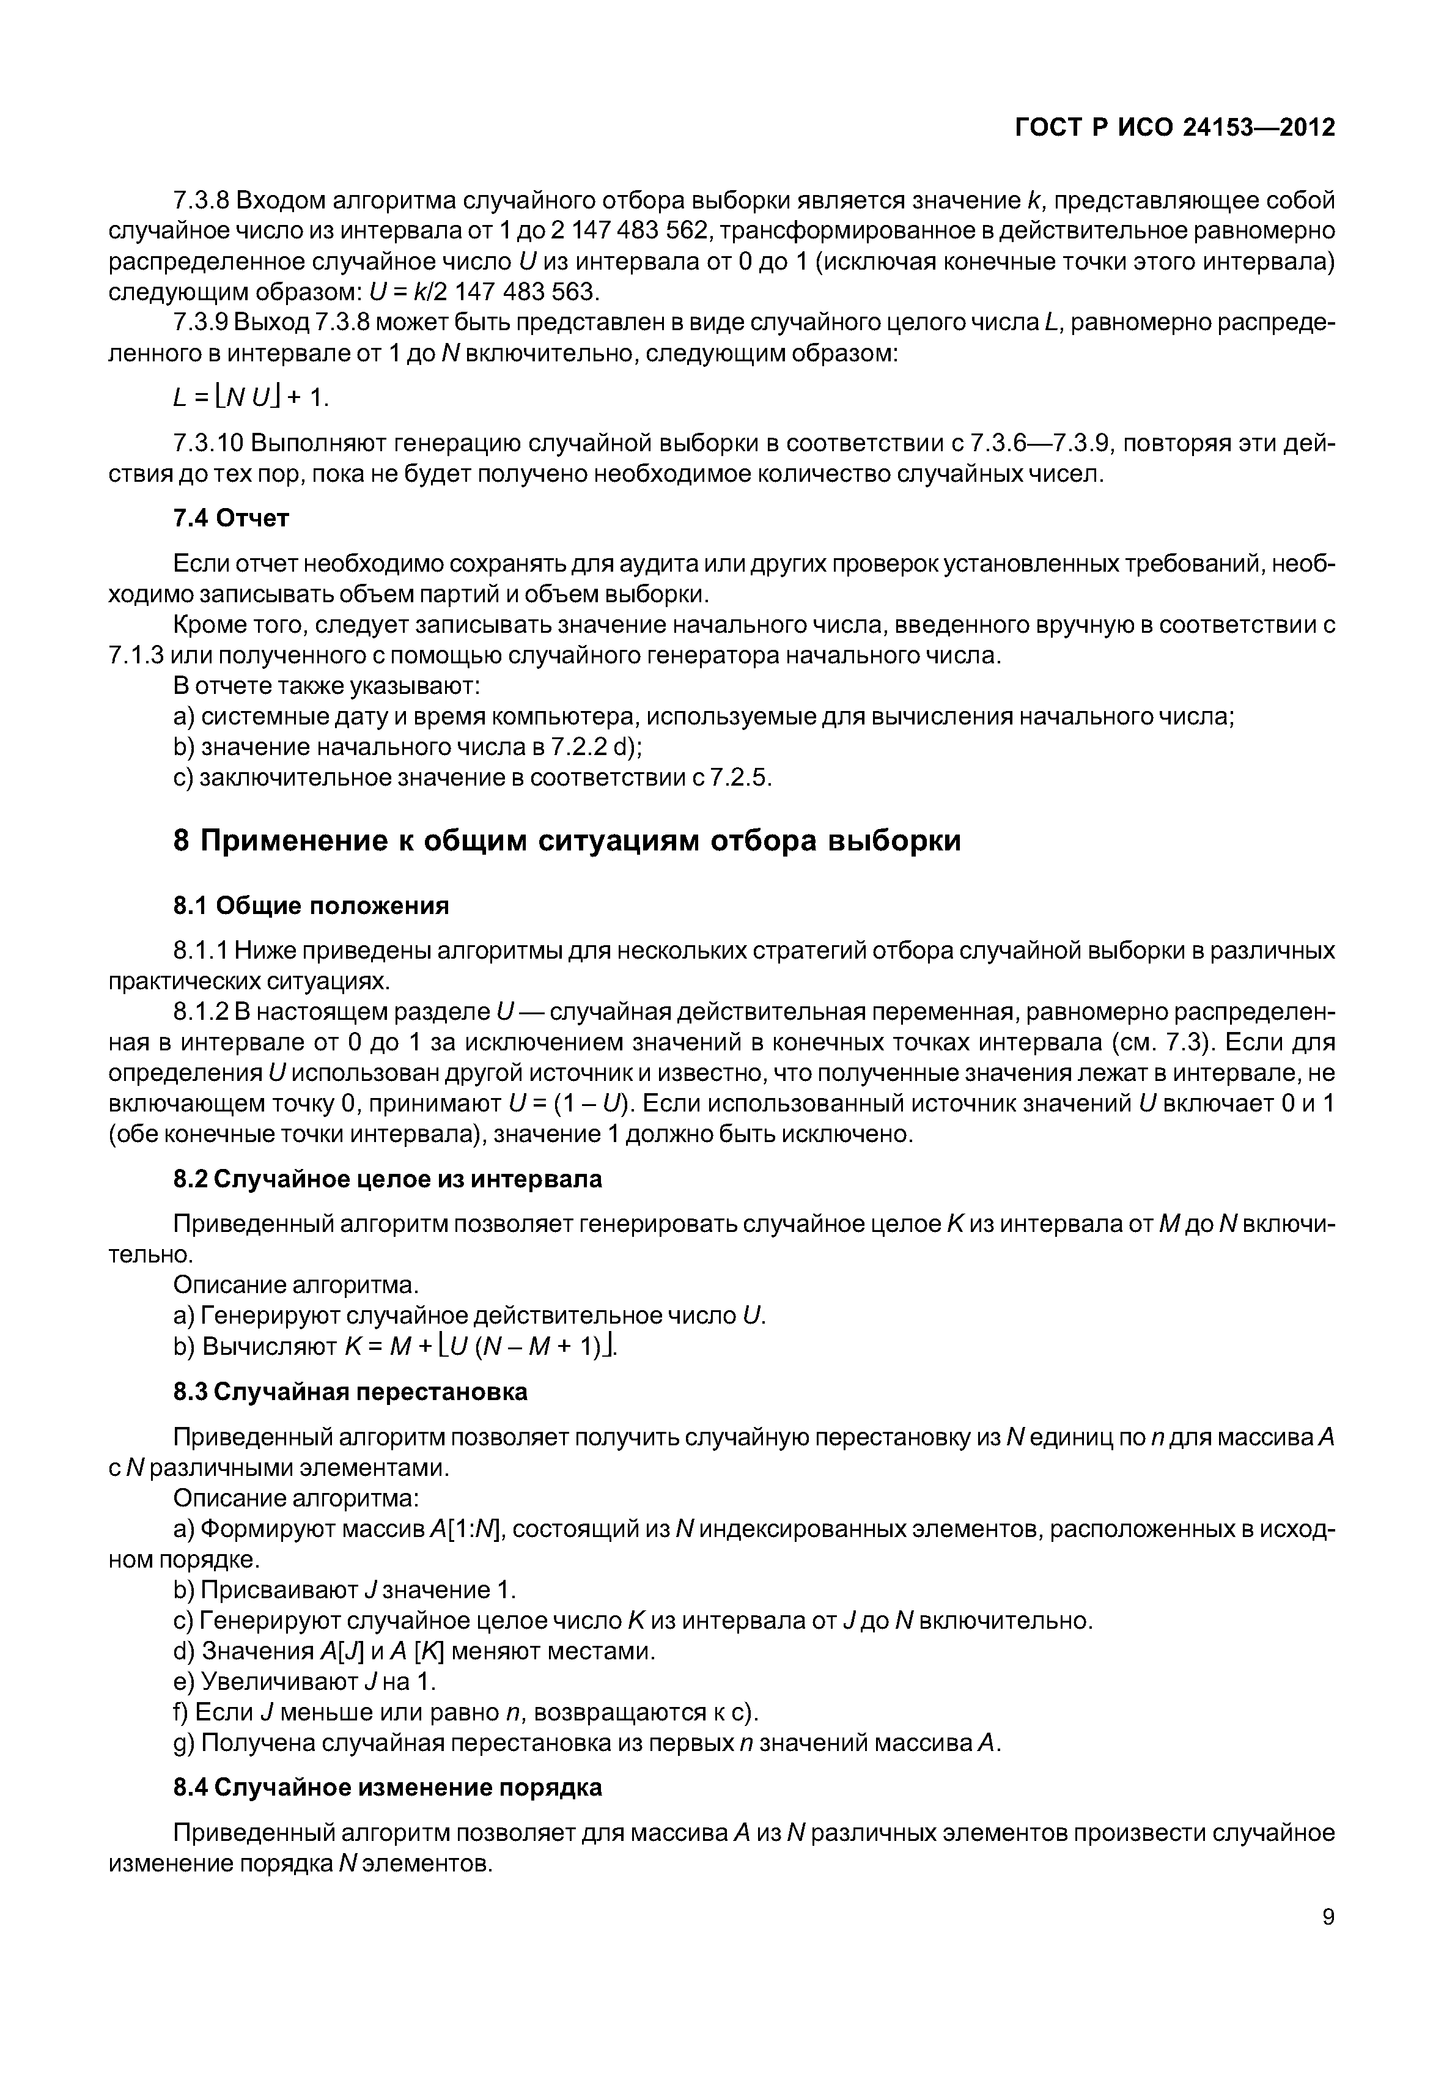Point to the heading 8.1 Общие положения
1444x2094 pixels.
[x=311, y=906]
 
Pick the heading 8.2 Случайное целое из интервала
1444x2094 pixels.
[x=387, y=1179]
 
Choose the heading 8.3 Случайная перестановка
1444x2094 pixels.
[x=350, y=1392]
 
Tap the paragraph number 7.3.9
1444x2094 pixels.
[x=203, y=322]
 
